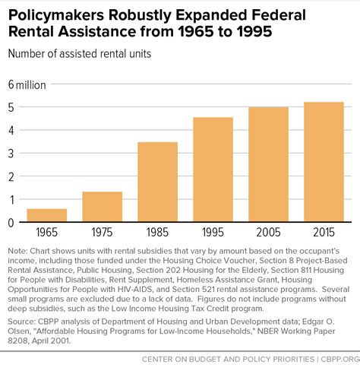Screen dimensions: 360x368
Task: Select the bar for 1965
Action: pyautogui.click(x=47, y=215)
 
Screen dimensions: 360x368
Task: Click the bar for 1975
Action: pyautogui.click(x=103, y=207)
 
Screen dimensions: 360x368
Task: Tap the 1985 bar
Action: pyautogui.click(x=158, y=182)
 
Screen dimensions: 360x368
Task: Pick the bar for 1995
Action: pyautogui.click(x=213, y=170)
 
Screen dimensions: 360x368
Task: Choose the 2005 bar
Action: pyautogui.click(x=269, y=164)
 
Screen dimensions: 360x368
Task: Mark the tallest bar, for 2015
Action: pyautogui.click(x=324, y=162)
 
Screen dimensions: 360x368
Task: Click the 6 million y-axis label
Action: pyautogui.click(x=27, y=85)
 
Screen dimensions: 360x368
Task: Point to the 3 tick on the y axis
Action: pyautogui.click(x=11, y=154)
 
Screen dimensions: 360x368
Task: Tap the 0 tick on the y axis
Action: pyautogui.click(x=11, y=223)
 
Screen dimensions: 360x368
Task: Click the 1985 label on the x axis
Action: pyautogui.click(x=157, y=232)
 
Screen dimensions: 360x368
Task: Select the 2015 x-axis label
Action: pyautogui.click(x=324, y=232)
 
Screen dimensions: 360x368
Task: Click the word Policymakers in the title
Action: pyautogui.click(x=56, y=15)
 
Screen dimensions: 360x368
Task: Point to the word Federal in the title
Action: pyautogui.click(x=279, y=14)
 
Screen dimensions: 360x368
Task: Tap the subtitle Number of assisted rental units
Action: pyautogui.click(x=80, y=54)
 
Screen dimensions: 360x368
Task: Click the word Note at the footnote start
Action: pyautogui.click(x=17, y=251)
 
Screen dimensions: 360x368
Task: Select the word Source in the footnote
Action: pyautogui.click(x=21, y=322)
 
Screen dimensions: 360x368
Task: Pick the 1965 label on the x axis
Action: pyautogui.click(x=47, y=232)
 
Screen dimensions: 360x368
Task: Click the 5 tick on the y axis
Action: pyautogui.click(x=11, y=107)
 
